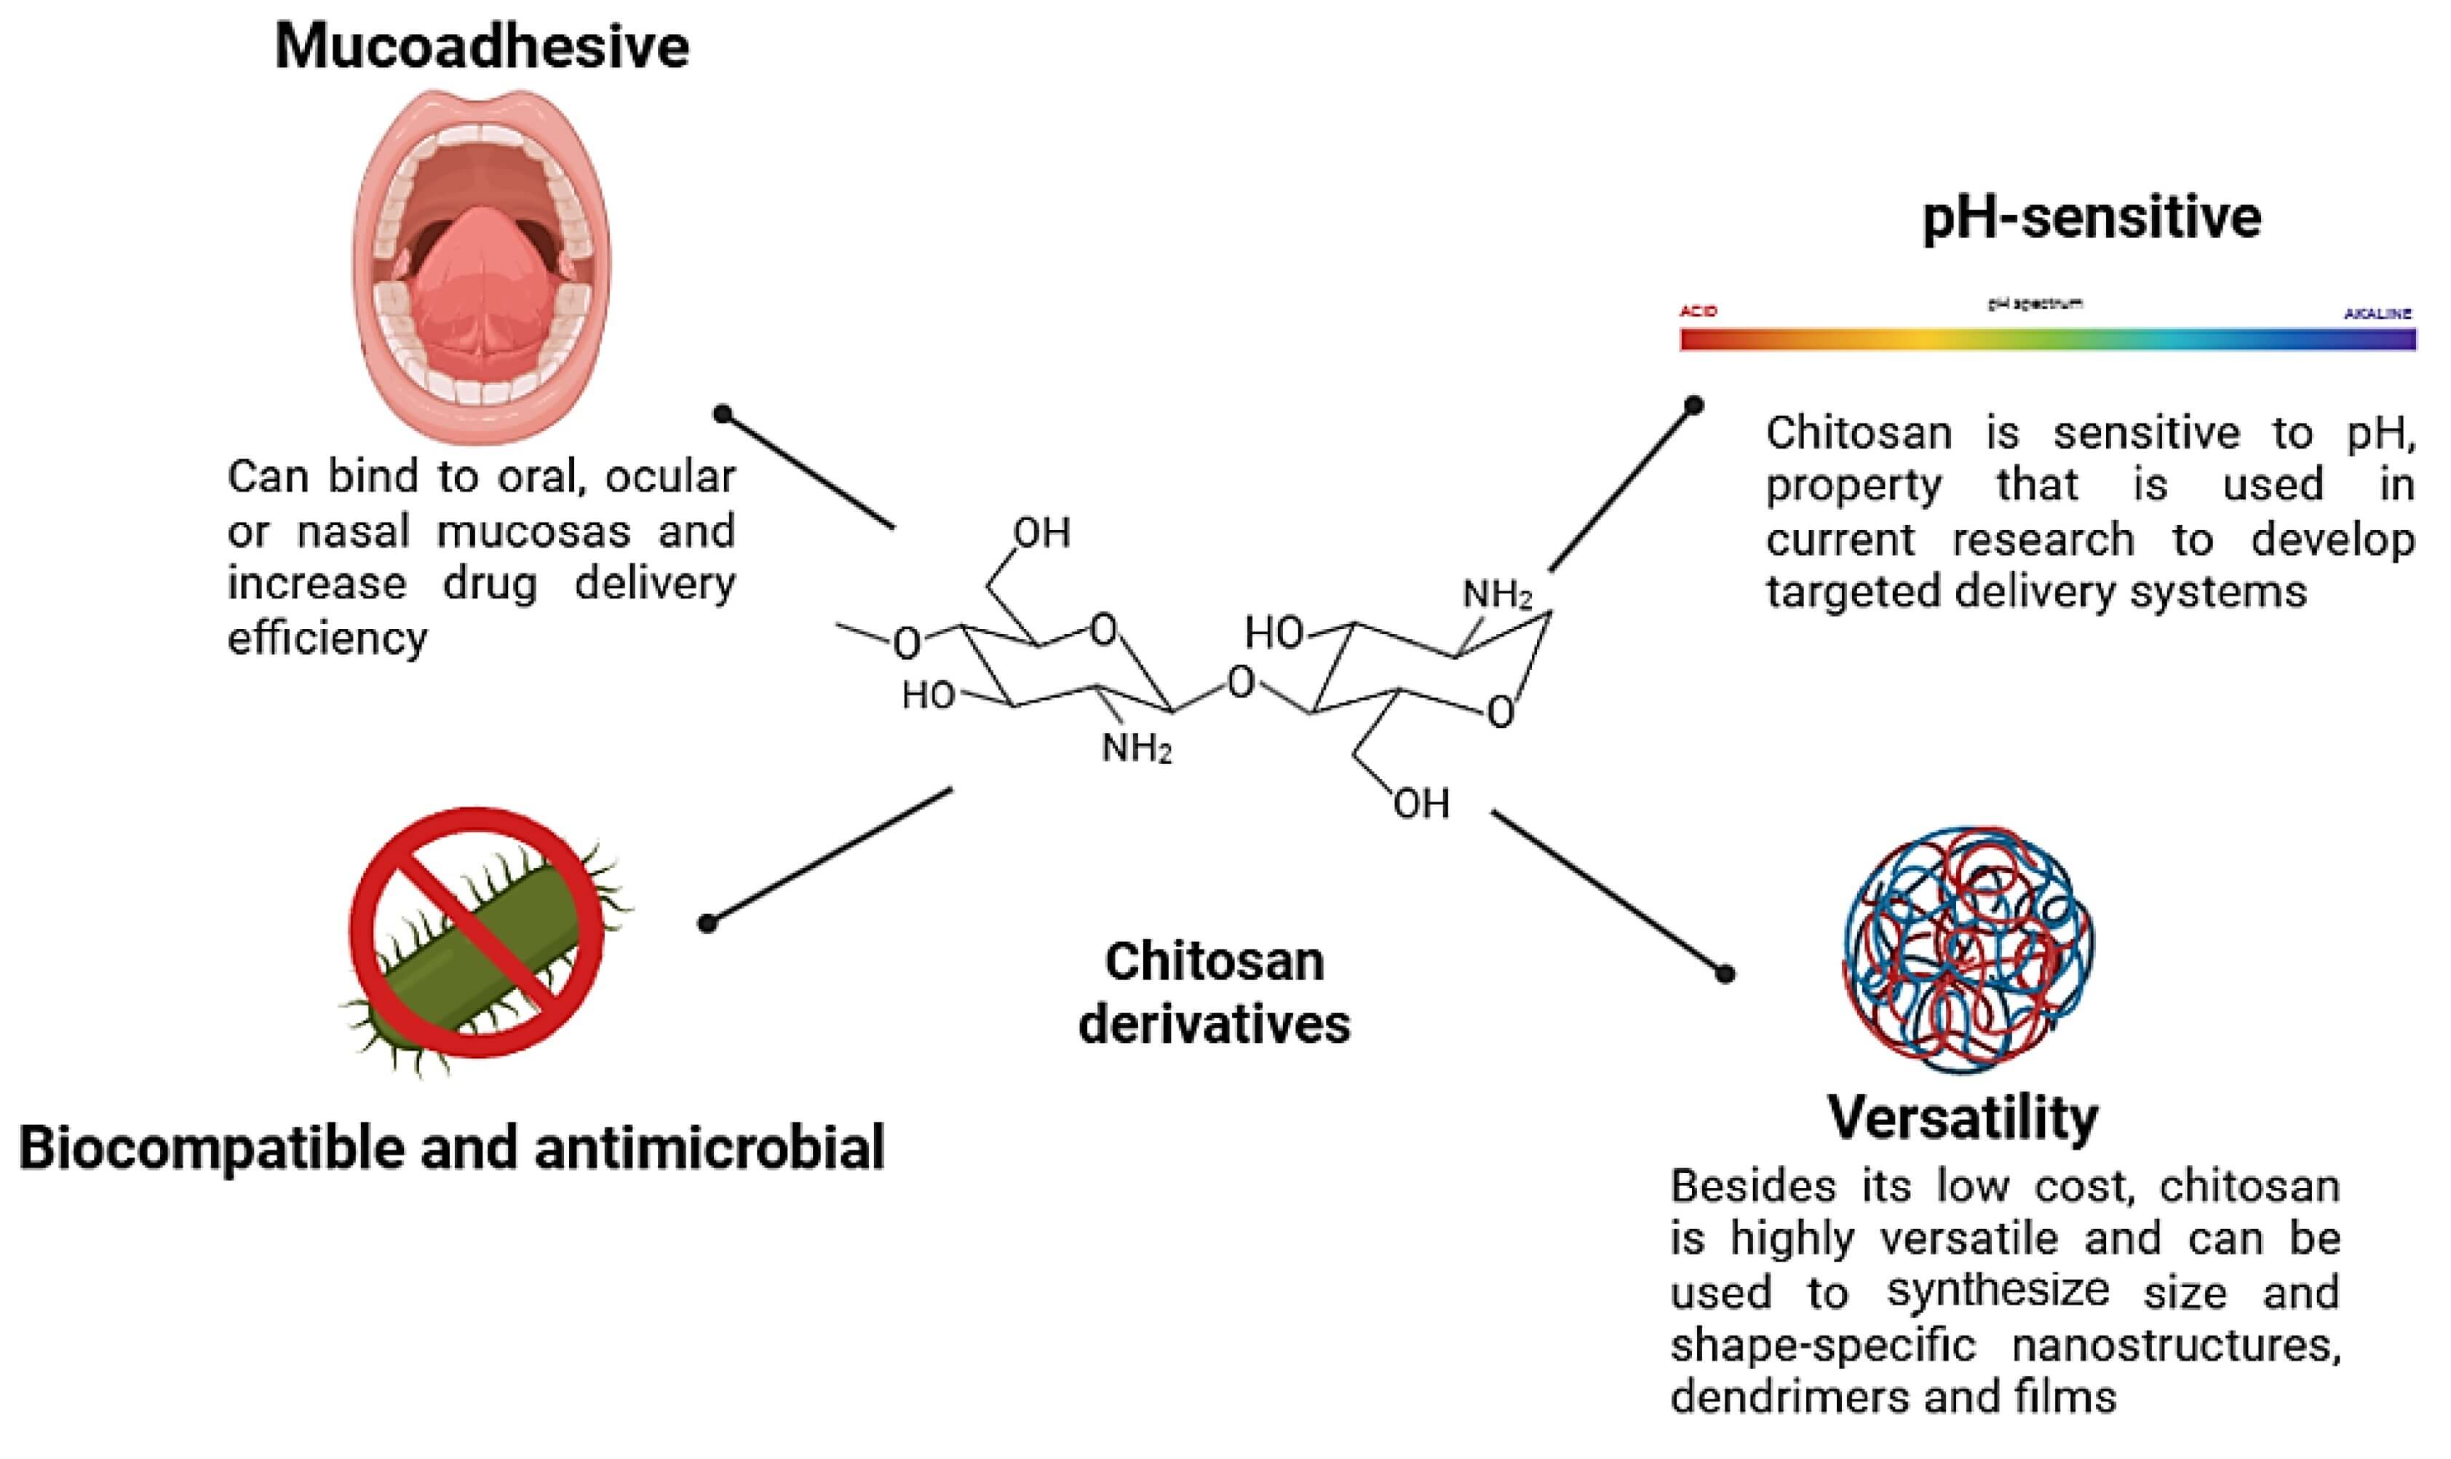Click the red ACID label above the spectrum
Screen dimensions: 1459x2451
(x=1699, y=312)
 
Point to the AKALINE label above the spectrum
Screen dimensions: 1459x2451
(x=2376, y=314)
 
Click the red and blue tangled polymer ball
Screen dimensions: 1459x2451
(x=1966, y=949)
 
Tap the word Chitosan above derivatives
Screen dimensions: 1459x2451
(x=1214, y=962)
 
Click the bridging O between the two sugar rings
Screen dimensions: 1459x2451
(x=1242, y=681)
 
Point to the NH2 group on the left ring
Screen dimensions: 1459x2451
(x=1136, y=748)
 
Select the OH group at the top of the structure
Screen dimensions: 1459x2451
(x=1041, y=533)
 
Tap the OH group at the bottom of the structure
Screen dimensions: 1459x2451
(x=1421, y=805)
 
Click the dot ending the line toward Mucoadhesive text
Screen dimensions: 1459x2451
(x=723, y=414)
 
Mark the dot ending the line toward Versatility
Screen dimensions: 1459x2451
(x=1724, y=974)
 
